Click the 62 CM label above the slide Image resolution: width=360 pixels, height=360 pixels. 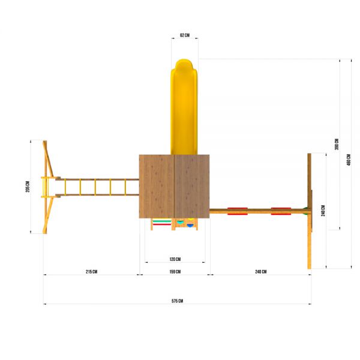pos(185,35)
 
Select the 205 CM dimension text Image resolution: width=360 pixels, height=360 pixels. pos(28,187)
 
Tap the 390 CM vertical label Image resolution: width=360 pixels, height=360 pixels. pos(337,144)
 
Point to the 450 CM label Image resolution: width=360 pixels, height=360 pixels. pos(349,160)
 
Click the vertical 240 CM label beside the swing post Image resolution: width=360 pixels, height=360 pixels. pos(323,211)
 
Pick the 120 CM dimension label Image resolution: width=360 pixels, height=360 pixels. pos(175,259)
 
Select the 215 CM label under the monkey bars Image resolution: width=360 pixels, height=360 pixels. pos(91,272)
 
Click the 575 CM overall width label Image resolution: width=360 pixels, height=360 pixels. pos(177,301)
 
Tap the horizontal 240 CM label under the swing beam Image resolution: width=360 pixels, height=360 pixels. pos(261,272)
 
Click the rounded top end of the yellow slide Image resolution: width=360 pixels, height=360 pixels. pos(184,62)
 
